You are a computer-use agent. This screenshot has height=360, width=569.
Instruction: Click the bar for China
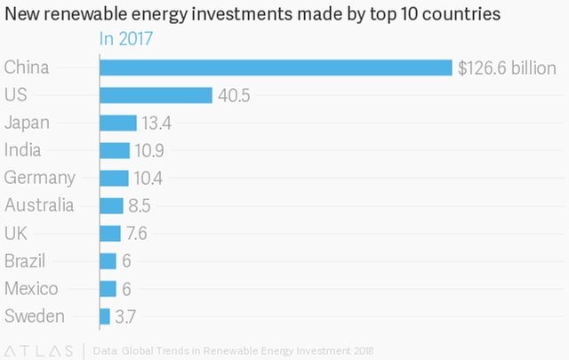pyautogui.click(x=276, y=68)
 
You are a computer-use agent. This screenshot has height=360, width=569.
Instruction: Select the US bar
pyautogui.click(x=156, y=95)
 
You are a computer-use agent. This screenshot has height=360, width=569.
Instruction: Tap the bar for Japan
pyautogui.click(x=118, y=123)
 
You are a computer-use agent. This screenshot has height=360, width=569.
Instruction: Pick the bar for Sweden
pyautogui.click(x=105, y=316)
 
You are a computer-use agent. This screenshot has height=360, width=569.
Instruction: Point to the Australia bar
pyautogui.click(x=112, y=205)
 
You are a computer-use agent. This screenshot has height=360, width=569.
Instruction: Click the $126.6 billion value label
pyautogui.click(x=507, y=68)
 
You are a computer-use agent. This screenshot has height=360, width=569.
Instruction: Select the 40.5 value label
pyautogui.click(x=235, y=96)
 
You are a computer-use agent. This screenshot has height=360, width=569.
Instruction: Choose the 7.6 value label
pyautogui.click(x=137, y=234)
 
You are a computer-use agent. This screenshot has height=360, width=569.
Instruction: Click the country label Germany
pyautogui.click(x=40, y=178)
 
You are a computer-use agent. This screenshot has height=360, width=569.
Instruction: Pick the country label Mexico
pyautogui.click(x=31, y=288)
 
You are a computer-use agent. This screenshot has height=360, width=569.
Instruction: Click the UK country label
pyautogui.click(x=15, y=233)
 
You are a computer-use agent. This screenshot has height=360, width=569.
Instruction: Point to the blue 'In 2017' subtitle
pyautogui.click(x=125, y=39)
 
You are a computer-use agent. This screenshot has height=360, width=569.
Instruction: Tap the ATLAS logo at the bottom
pyautogui.click(x=39, y=348)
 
